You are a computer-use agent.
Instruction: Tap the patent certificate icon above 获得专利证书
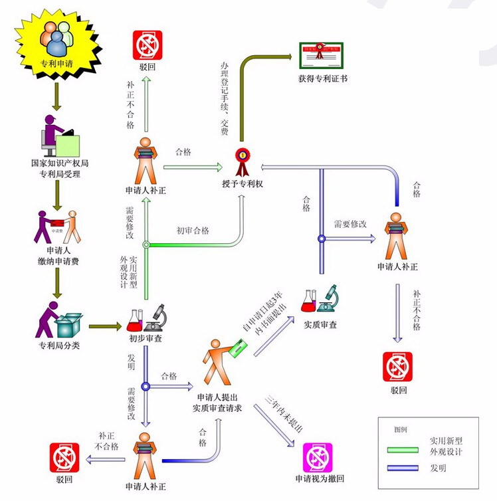pos(322,58)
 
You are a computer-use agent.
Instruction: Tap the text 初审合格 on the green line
pos(193,231)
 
